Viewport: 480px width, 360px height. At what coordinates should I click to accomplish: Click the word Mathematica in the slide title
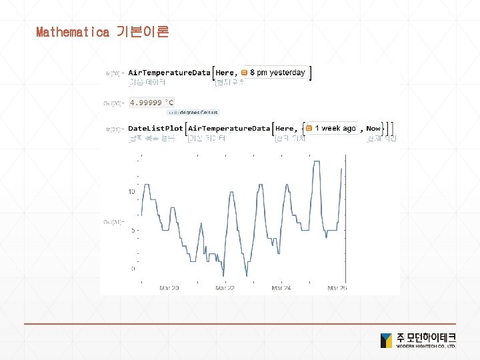pos(72,32)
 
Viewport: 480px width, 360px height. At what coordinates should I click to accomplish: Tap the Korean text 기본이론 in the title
pos(142,32)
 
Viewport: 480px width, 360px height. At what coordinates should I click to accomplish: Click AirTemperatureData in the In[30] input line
pos(169,72)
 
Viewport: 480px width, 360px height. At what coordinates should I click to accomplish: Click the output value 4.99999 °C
pos(151,103)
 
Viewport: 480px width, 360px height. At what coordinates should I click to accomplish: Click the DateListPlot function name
pos(155,128)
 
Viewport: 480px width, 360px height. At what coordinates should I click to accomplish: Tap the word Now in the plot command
pos(373,128)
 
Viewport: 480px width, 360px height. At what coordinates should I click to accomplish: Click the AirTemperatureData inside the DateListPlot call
pos(229,128)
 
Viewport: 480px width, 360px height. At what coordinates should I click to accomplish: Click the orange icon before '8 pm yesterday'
pos(245,72)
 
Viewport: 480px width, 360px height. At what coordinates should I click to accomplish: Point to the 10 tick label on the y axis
pos(132,192)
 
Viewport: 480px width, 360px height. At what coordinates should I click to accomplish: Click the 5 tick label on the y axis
pos(133,231)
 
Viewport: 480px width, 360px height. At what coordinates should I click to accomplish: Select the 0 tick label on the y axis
pos(133,269)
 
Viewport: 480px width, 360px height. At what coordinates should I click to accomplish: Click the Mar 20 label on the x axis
pos(169,289)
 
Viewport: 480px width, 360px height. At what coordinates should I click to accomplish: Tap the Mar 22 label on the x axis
pos(225,289)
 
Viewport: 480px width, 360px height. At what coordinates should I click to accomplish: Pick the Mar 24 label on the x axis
pos(281,289)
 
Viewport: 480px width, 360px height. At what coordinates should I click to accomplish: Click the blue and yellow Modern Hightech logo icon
pos(386,340)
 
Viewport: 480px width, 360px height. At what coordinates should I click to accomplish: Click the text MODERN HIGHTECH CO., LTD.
pos(427,347)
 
